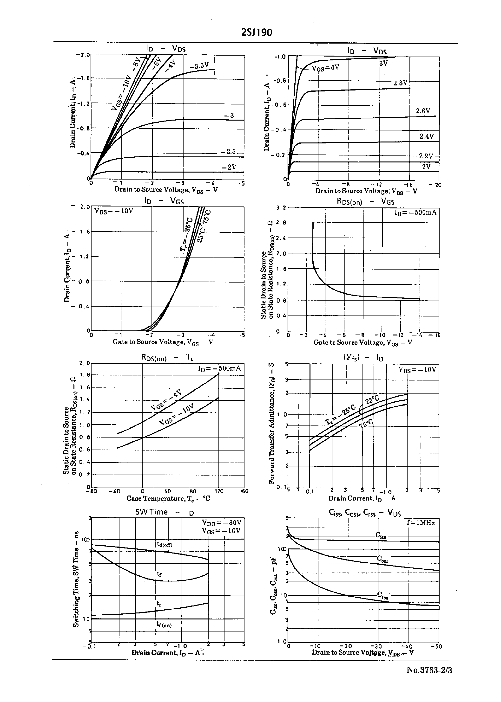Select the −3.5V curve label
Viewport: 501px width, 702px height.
pos(199,66)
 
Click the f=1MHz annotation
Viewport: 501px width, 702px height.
pos(421,523)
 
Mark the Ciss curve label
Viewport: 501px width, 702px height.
pos(381,535)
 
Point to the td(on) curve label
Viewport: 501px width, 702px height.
pos(164,624)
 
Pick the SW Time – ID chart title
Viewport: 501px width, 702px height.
pos(165,512)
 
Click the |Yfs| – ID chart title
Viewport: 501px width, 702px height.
pos(363,358)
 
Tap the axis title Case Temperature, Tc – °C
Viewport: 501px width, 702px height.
pos(168,498)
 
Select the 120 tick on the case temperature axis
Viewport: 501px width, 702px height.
pos(219,491)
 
